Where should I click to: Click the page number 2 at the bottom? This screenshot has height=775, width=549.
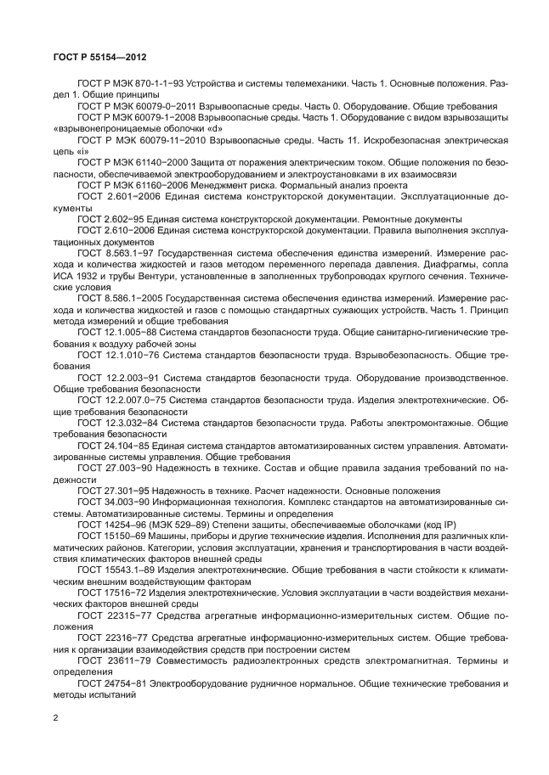pos(54,718)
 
